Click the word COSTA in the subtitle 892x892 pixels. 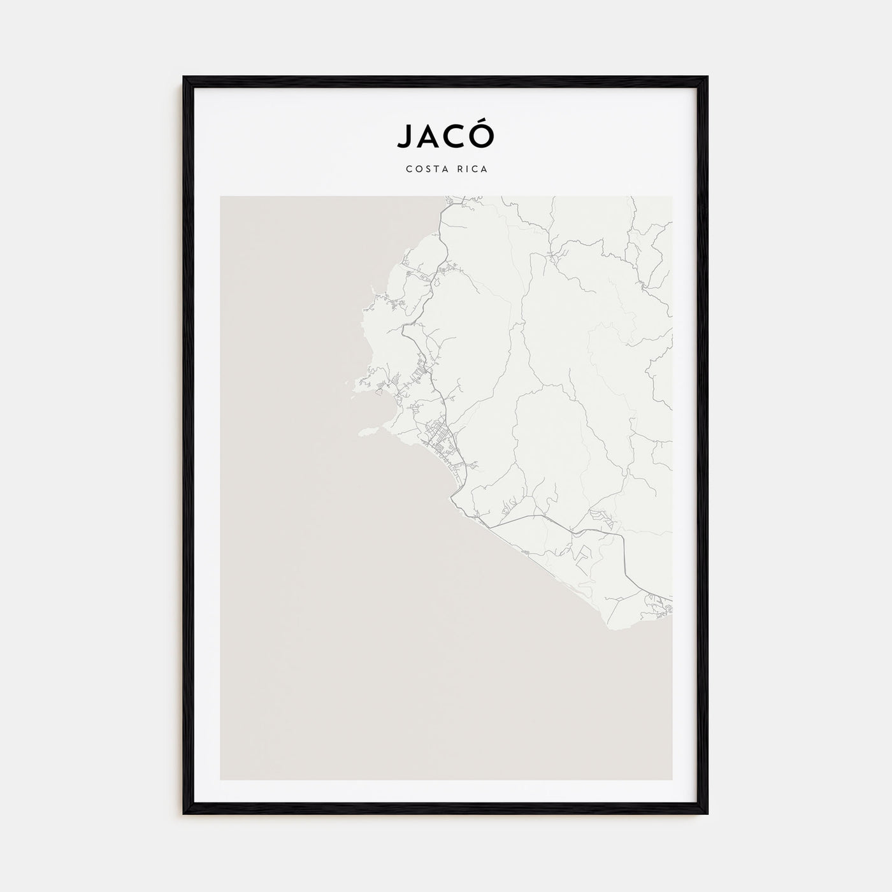(427, 169)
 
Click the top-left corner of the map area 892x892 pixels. (220, 197)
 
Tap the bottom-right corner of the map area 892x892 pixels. (672, 779)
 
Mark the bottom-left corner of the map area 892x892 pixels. (220, 779)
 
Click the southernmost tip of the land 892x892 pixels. (615, 630)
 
